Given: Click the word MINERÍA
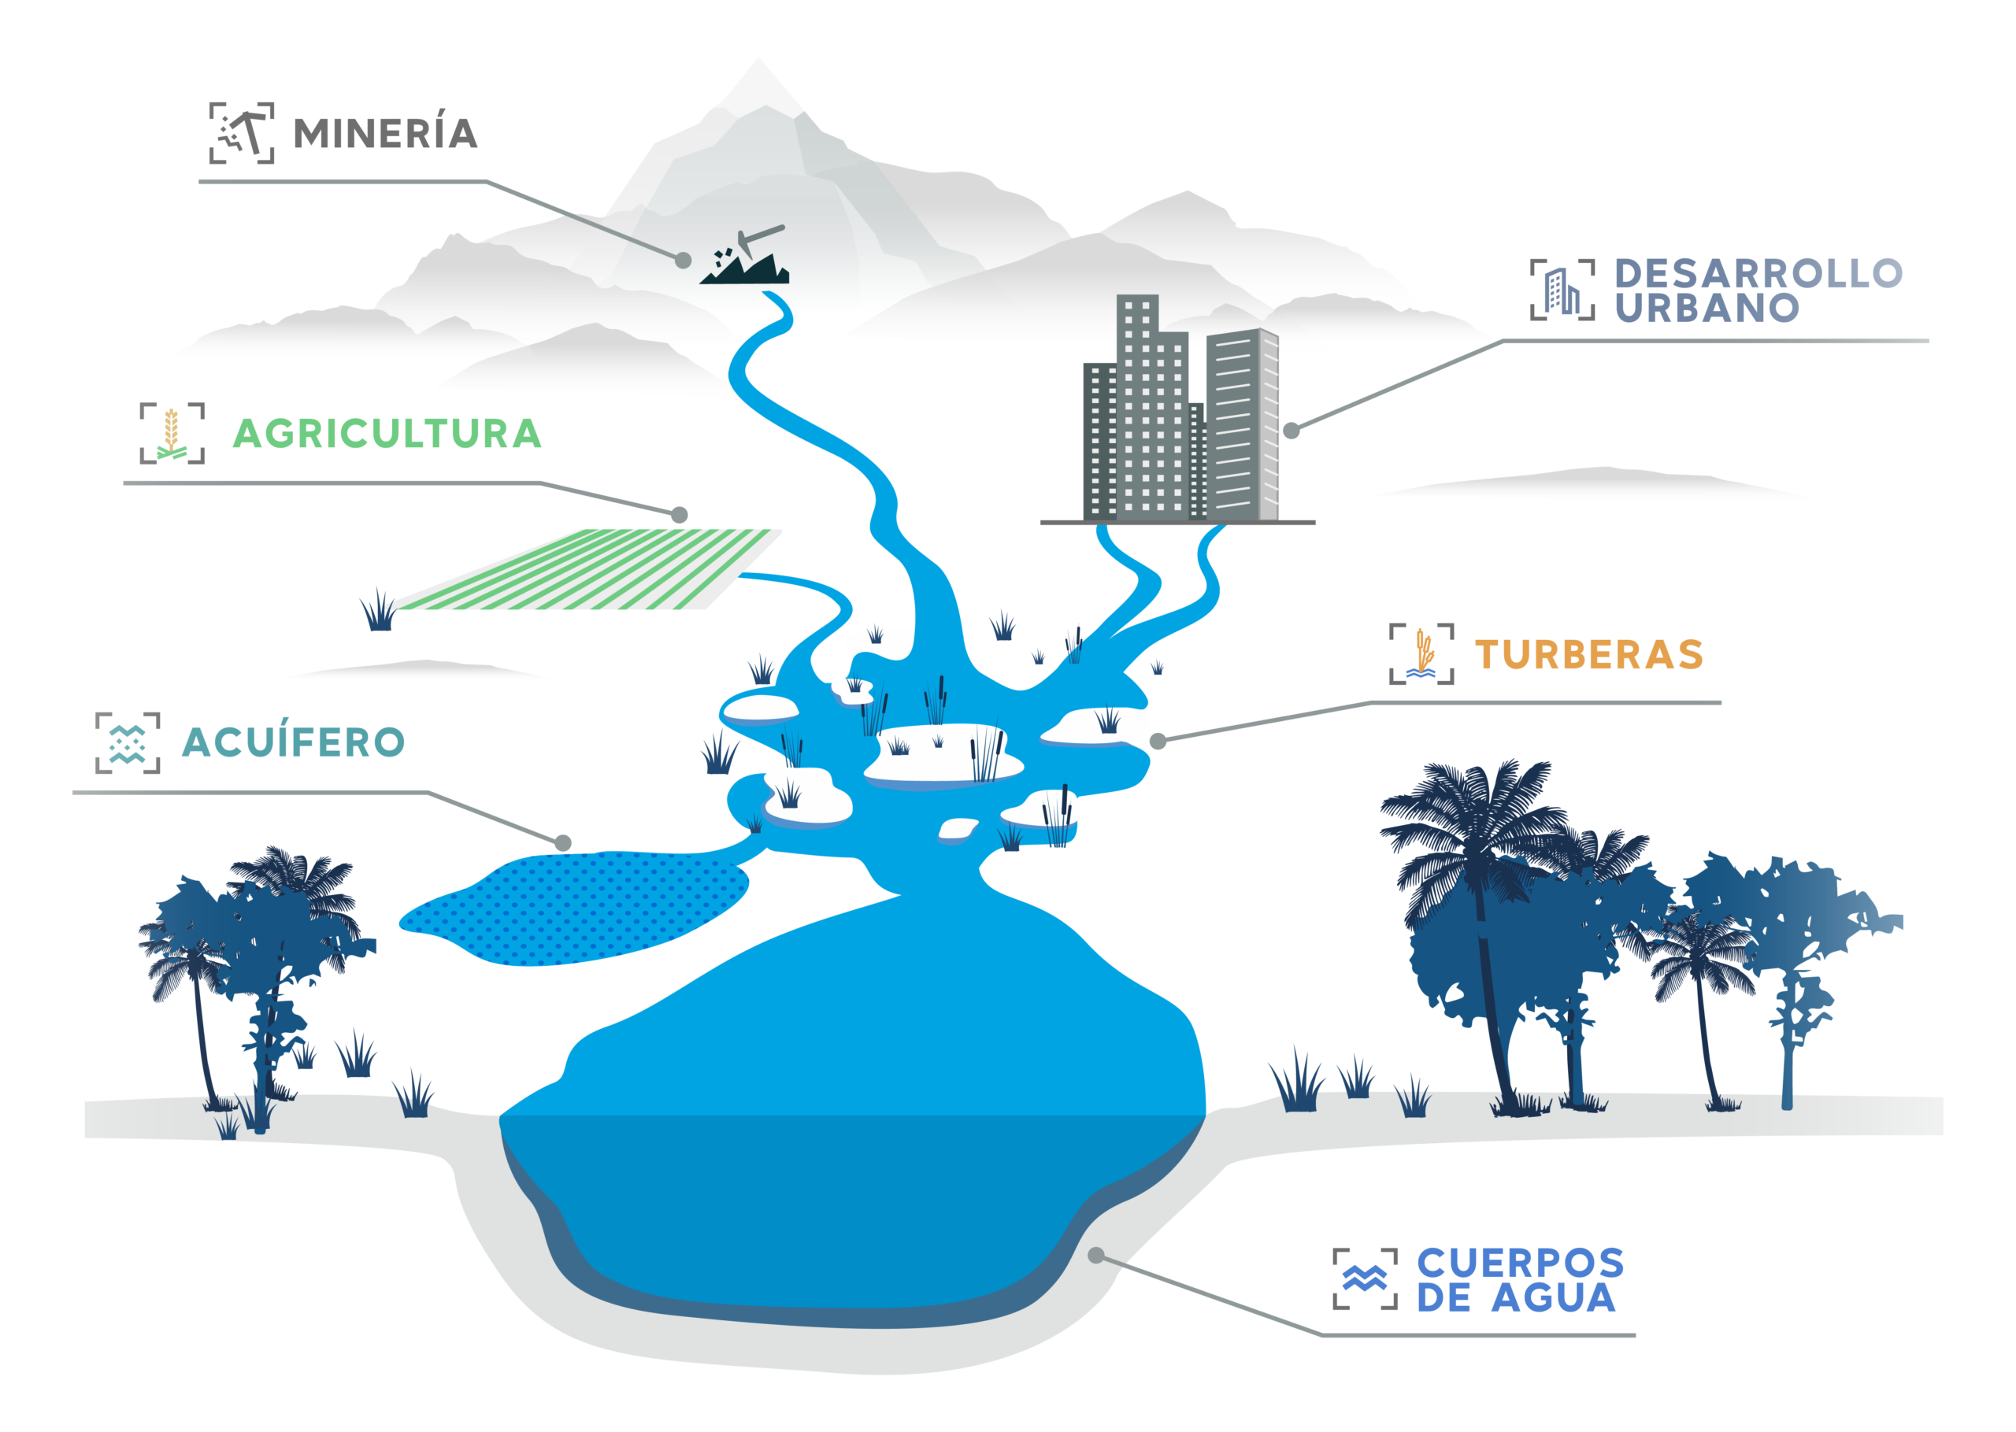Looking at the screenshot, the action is click(x=385, y=133).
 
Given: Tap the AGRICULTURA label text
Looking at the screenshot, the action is click(x=387, y=434).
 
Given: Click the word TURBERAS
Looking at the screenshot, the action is click(x=1588, y=654).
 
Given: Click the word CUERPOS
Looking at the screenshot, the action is click(x=1521, y=1263).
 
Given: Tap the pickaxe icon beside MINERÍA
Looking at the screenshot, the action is click(x=242, y=133).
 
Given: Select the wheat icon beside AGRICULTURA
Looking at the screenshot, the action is click(x=172, y=433).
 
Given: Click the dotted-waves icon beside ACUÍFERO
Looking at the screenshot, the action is click(x=128, y=742).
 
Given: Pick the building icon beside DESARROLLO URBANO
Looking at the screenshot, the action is click(x=1562, y=290).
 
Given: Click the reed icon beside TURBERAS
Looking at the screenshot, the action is click(x=1421, y=653).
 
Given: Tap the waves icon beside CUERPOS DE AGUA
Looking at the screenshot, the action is click(x=1366, y=1278).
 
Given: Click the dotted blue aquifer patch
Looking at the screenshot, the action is click(x=574, y=908).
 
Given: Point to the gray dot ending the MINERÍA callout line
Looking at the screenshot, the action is click(x=683, y=260).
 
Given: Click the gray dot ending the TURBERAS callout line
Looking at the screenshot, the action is click(x=1158, y=742).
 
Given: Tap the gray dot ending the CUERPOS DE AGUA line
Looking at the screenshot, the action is click(x=1096, y=1256).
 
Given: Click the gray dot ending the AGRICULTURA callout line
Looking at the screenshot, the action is click(x=679, y=515).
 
